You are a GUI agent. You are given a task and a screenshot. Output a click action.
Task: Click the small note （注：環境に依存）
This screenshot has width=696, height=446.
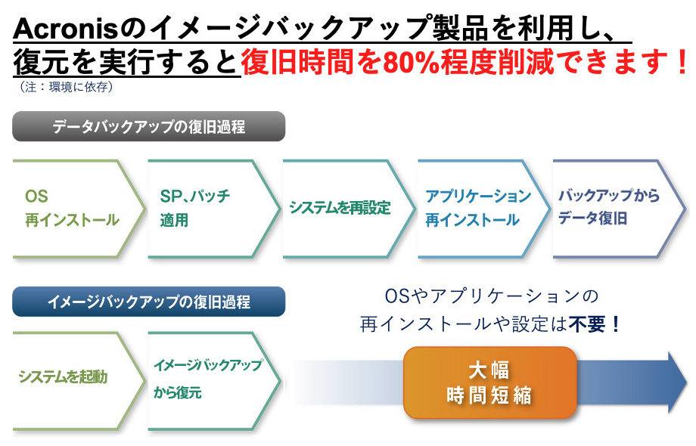click(x=67, y=87)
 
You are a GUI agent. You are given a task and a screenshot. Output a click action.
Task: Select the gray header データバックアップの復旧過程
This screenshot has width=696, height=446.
click(x=149, y=126)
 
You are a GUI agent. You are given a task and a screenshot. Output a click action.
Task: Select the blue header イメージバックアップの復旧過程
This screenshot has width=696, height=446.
click(x=149, y=302)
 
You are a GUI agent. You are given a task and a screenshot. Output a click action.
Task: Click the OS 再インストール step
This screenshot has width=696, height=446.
click(x=79, y=209)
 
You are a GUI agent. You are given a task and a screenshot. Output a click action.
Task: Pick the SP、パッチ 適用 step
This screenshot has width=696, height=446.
click(x=214, y=209)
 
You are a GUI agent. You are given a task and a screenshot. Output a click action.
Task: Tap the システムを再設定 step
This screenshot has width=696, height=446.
click(x=349, y=209)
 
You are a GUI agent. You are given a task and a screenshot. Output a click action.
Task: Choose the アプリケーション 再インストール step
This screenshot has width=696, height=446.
click(x=484, y=209)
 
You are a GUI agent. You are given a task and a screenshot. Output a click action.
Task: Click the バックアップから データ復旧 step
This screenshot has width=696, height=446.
click(x=619, y=209)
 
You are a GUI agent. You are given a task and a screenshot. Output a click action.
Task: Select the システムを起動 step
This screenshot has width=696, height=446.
click(x=79, y=381)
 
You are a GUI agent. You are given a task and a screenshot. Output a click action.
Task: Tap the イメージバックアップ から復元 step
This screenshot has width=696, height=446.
click(x=214, y=381)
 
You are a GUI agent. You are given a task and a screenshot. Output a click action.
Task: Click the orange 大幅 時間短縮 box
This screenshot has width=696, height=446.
click(x=490, y=383)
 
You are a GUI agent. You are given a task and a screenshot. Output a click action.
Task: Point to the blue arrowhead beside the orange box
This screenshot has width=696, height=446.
click(x=677, y=383)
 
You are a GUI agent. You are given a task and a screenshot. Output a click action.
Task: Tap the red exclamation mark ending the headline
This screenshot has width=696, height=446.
click(x=682, y=62)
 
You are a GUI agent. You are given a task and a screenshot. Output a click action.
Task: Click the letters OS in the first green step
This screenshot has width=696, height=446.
click(x=36, y=197)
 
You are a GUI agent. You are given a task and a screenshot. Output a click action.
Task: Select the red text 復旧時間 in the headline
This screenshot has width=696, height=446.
click(x=297, y=62)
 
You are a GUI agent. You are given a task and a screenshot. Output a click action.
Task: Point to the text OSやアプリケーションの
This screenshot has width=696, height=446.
click(x=492, y=296)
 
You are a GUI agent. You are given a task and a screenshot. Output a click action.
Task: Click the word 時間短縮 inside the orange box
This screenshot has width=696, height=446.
click(x=489, y=395)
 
